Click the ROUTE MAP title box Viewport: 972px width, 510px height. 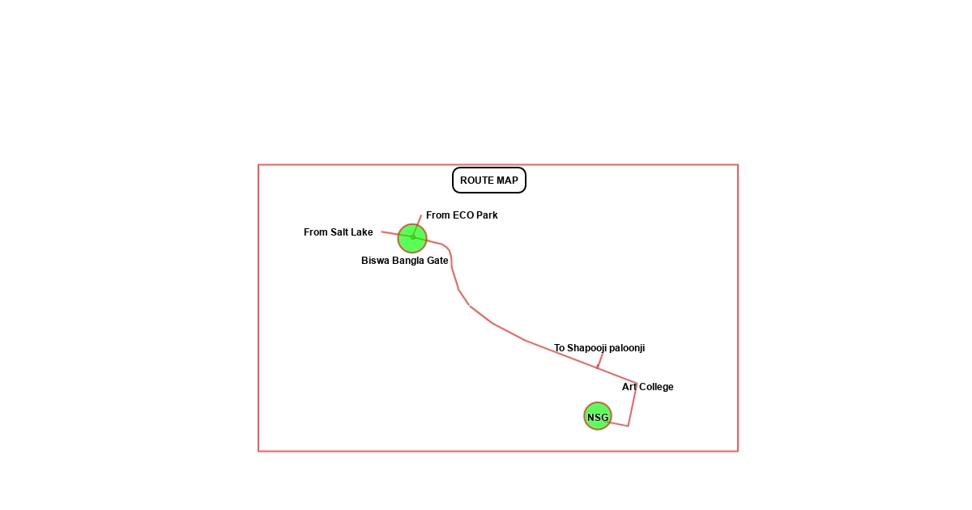(489, 181)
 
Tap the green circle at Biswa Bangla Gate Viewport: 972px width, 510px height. (412, 238)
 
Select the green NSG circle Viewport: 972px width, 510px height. (598, 417)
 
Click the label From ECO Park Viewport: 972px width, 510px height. (462, 215)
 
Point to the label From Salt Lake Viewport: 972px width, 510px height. (339, 232)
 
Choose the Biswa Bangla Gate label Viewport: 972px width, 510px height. (405, 261)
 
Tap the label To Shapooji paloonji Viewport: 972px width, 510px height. (599, 348)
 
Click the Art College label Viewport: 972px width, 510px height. (647, 387)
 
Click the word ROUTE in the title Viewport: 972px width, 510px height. (475, 181)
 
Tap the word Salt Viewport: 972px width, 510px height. (341, 232)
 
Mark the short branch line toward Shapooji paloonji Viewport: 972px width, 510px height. (600, 360)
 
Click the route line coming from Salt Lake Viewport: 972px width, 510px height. (390, 233)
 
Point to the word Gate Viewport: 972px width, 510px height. (438, 261)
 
